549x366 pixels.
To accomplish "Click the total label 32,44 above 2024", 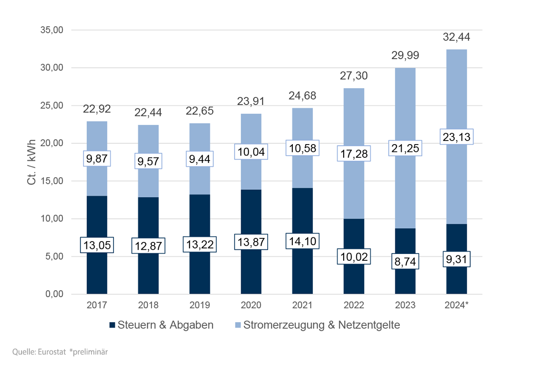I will (457, 37).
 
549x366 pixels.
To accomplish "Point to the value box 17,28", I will (354, 153).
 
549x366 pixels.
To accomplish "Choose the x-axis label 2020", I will (251, 305).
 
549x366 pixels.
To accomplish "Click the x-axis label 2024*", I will (457, 305).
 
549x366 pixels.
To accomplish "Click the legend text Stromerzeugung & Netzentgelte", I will (322, 325).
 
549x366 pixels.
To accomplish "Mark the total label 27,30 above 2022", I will (354, 75).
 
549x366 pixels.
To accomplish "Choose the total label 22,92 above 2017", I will (97, 109).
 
